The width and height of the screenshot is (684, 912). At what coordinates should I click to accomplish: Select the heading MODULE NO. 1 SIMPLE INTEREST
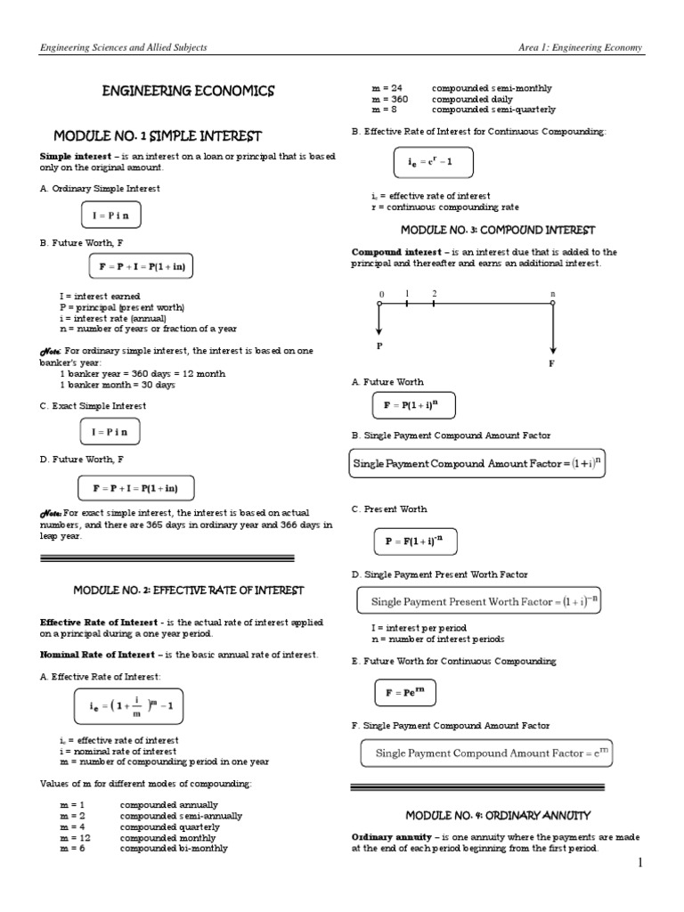158,136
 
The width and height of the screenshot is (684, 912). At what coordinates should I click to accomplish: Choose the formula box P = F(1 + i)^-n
407,540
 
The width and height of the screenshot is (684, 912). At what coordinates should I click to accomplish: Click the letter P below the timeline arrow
379,346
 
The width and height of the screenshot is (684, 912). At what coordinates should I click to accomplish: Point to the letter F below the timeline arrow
553,364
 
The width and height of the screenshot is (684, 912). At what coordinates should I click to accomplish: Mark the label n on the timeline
553,293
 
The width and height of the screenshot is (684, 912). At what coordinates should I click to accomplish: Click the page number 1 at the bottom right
639,864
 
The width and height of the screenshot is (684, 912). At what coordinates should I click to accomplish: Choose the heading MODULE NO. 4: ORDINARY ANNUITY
499,815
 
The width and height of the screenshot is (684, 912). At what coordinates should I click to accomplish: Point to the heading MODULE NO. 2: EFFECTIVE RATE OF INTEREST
188,590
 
